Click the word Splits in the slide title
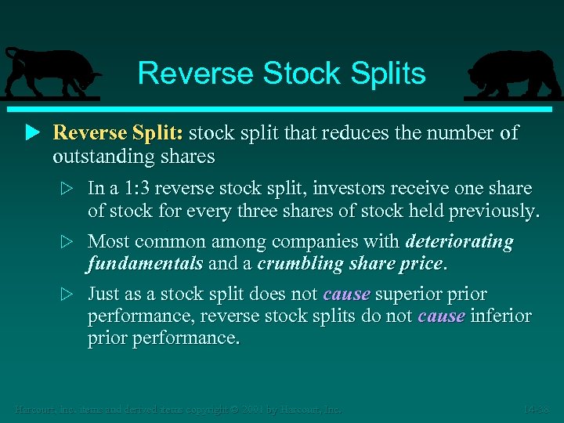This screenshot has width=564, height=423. tap(389, 73)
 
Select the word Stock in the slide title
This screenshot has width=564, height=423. tap(304, 73)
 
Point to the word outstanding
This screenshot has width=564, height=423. tap(103, 157)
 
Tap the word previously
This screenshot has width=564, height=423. tap(493, 211)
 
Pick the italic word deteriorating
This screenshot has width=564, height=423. tap(460, 242)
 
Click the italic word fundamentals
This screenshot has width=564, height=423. tap(145, 264)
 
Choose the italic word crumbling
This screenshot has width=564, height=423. tap(299, 264)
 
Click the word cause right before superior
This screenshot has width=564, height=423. tap(346, 295)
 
